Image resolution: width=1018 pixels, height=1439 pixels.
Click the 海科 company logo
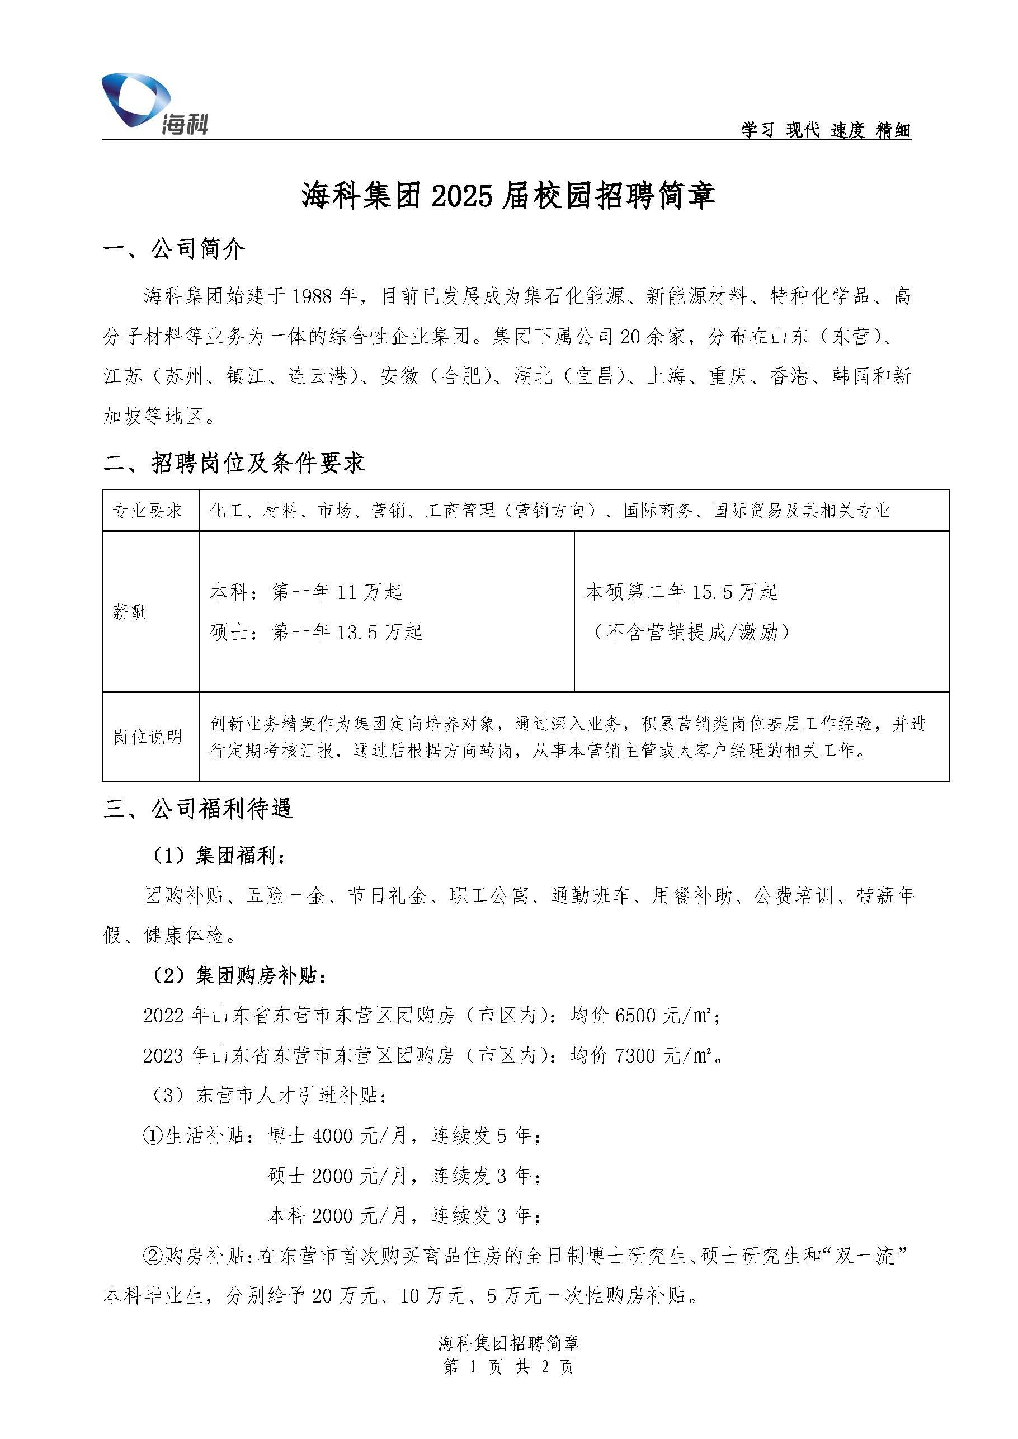(x=154, y=104)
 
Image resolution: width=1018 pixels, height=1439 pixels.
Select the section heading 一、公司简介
(x=175, y=249)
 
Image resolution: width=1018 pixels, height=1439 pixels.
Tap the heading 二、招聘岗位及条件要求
(x=234, y=463)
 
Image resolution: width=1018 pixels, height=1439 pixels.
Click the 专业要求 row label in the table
(x=147, y=511)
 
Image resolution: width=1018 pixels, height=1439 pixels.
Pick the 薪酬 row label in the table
(x=130, y=612)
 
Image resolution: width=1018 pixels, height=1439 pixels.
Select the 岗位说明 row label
(x=147, y=737)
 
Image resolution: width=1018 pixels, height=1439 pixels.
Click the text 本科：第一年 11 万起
(x=306, y=592)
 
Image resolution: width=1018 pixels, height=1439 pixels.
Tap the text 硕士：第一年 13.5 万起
(x=316, y=632)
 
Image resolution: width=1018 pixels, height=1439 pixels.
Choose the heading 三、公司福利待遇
(x=197, y=809)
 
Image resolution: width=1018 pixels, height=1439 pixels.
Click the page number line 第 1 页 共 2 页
(x=508, y=1366)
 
